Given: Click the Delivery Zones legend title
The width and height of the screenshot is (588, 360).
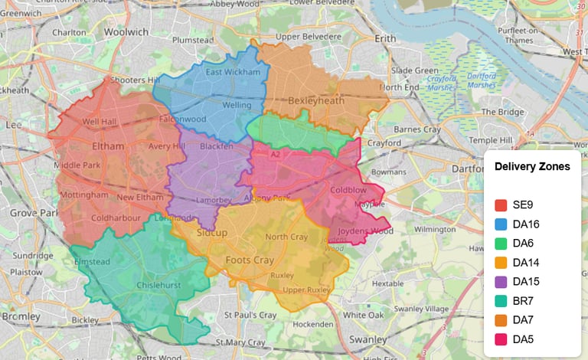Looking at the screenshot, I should click(x=532, y=166).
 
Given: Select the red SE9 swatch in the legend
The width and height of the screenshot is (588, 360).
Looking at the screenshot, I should click(x=501, y=205).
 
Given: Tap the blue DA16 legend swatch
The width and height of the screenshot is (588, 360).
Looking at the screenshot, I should click(x=501, y=224).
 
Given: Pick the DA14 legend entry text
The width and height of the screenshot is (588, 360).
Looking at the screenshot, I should click(x=528, y=263).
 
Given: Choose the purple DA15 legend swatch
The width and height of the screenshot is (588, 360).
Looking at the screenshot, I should click(x=501, y=282).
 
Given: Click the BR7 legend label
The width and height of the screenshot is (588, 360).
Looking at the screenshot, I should click(x=523, y=301).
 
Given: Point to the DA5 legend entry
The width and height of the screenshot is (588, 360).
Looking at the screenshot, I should click(x=523, y=339).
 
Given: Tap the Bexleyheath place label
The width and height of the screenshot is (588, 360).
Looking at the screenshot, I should click(x=317, y=100).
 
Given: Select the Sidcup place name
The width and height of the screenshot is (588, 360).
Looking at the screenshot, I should click(x=211, y=232).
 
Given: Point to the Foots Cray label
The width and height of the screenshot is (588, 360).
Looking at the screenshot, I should click(x=250, y=260).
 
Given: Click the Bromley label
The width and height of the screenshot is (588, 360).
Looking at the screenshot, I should click(x=15, y=316).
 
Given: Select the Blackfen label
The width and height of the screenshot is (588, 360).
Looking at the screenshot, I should click(x=215, y=146).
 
